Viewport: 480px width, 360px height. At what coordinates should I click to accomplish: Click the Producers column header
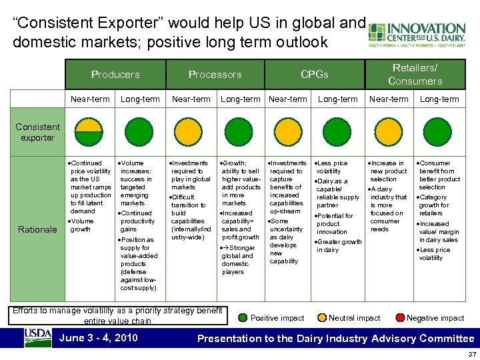tap(115, 75)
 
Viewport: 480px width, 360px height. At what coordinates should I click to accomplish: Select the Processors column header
tap(215, 75)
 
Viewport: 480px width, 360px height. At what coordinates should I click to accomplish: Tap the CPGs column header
tap(314, 75)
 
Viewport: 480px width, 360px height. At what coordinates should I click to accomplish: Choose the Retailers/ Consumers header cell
tap(415, 74)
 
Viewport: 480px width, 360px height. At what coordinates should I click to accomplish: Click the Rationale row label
tap(37, 229)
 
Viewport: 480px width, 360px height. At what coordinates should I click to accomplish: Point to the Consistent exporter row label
tap(37, 132)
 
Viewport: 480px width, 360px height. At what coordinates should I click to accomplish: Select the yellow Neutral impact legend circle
tap(323, 318)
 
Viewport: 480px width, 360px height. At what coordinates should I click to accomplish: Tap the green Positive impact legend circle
tap(243, 318)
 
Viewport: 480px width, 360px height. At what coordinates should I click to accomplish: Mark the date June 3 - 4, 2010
tap(99, 338)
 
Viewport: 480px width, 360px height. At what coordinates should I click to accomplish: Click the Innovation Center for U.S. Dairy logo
tap(416, 33)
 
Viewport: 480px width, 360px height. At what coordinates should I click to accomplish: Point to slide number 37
tap(471, 355)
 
